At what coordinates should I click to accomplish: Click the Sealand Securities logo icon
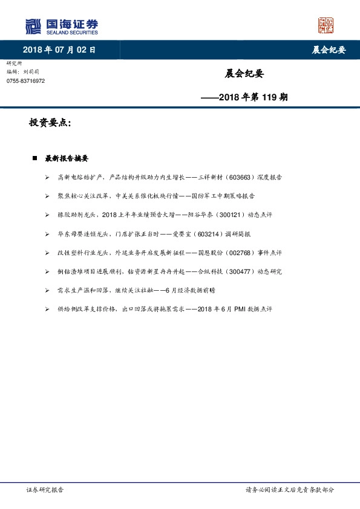pyautogui.click(x=33, y=26)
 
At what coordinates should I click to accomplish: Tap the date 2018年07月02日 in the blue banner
pyautogui.click(x=59, y=50)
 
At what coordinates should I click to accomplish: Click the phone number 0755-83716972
pyautogui.click(x=25, y=81)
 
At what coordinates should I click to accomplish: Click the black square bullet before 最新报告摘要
pyautogui.click(x=34, y=159)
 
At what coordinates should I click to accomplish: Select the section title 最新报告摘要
pyautogui.click(x=67, y=159)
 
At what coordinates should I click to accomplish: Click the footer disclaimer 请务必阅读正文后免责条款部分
pyautogui.click(x=289, y=490)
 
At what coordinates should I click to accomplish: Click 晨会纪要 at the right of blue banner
pyautogui.click(x=329, y=50)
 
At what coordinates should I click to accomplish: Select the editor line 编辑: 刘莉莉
pyautogui.click(x=24, y=72)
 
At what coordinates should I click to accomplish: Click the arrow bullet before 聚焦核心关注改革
pyautogui.click(x=47, y=196)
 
